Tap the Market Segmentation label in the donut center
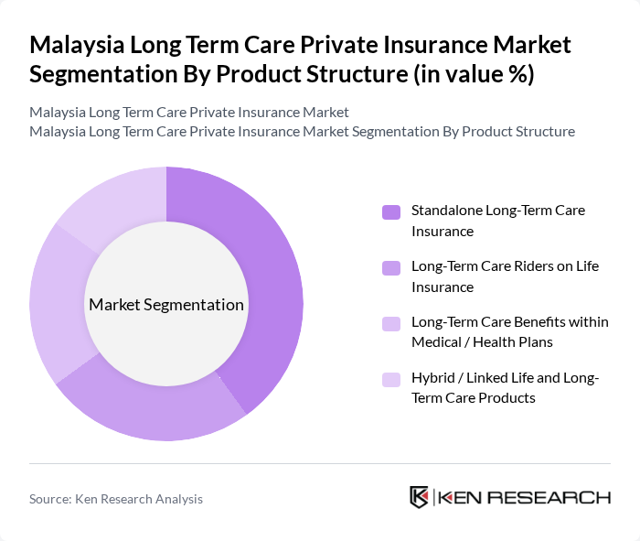click(x=166, y=305)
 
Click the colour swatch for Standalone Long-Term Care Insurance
click(x=391, y=212)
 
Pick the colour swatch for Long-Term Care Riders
click(x=391, y=268)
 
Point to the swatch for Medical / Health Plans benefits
click(x=391, y=323)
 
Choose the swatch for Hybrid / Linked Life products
click(x=391, y=379)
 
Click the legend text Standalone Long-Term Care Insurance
click(x=497, y=221)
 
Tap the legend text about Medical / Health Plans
click(x=508, y=332)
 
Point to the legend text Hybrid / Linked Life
click(x=505, y=388)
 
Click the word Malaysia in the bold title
click(x=79, y=44)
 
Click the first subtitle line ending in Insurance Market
click(x=188, y=112)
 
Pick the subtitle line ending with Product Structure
click(x=302, y=131)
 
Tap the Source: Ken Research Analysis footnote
click(x=116, y=499)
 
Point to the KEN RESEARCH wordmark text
click(x=524, y=497)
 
